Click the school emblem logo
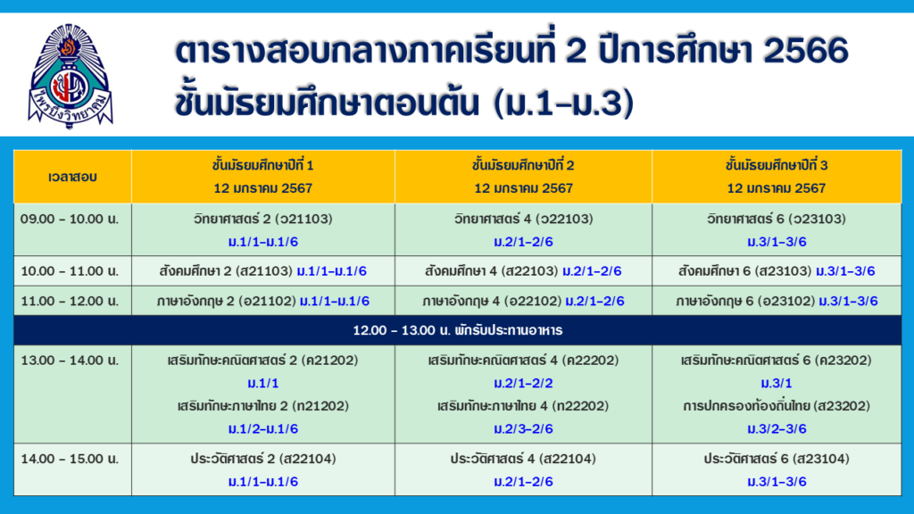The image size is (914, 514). coord(71,76)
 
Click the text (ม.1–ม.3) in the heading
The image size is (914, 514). coord(564,104)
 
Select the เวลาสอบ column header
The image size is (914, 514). coord(72,177)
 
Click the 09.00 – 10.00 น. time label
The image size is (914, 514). coord(70,220)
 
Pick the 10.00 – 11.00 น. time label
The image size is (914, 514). coord(70,271)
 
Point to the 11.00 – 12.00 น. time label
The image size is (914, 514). coord(70,302)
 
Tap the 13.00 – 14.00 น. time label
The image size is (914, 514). coord(70,361)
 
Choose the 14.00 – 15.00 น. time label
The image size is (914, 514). coord(70,459)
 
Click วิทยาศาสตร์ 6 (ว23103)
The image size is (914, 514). coord(777,220)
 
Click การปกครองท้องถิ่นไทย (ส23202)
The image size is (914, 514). coord(777,406)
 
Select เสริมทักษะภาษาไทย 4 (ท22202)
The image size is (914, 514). coord(523,406)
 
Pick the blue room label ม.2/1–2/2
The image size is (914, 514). coord(523,383)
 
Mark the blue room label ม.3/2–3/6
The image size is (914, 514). coord(777,429)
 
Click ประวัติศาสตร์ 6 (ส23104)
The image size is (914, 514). coord(777,459)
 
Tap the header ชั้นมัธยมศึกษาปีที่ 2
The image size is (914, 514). coord(523,165)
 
